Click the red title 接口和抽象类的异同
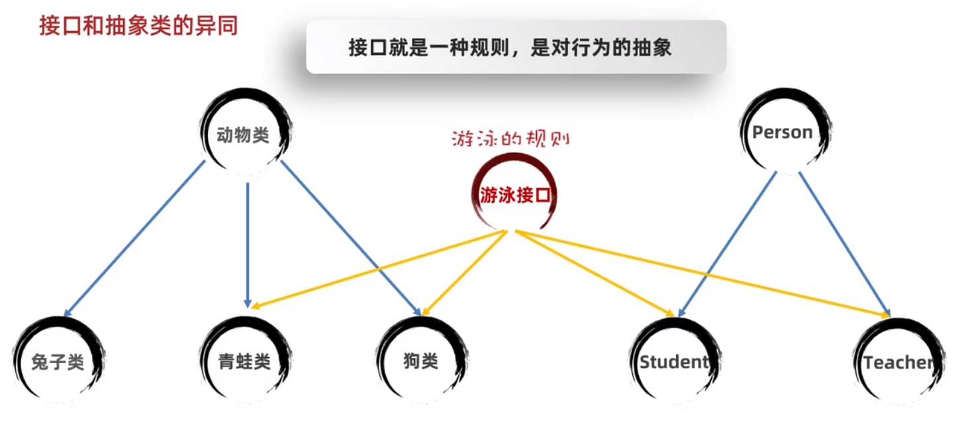[138, 27]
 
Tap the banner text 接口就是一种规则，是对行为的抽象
[510, 48]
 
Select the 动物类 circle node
[244, 135]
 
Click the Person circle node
[782, 133]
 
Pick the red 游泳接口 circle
[515, 195]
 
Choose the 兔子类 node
[58, 362]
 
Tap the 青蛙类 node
[244, 362]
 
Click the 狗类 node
[420, 362]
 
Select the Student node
[673, 362]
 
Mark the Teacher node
[898, 362]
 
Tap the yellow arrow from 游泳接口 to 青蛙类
[377, 269]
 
